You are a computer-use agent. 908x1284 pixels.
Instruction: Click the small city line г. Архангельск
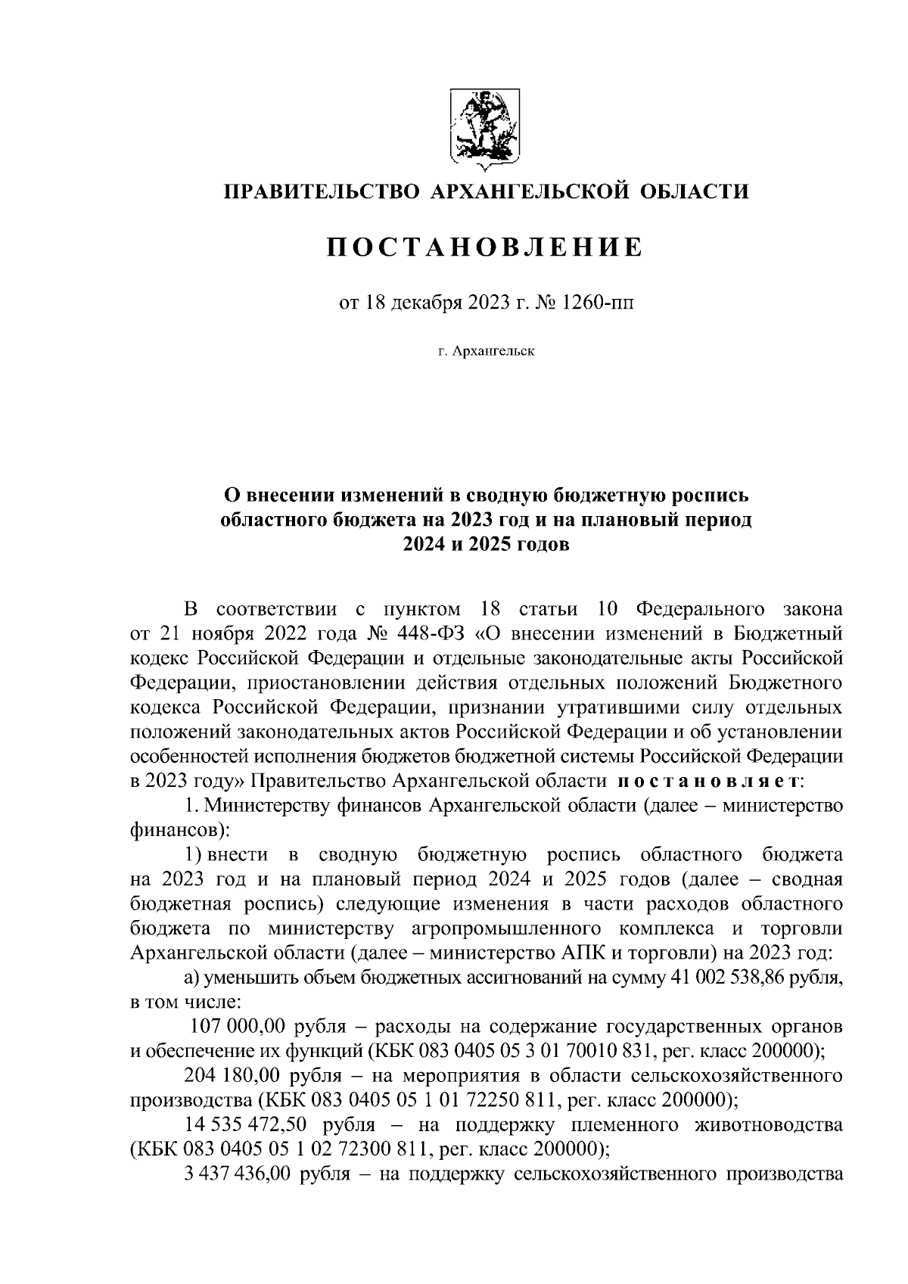[x=485, y=351]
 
